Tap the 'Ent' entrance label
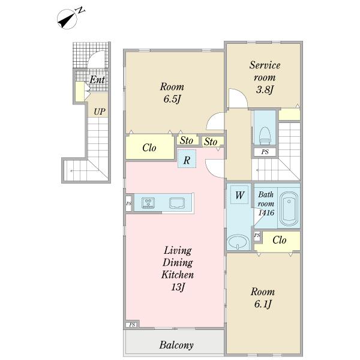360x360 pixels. tap(97, 80)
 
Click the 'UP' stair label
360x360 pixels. tap(100, 112)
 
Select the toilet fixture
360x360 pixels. tap(265, 136)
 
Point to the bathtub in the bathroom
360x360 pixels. tap(289, 209)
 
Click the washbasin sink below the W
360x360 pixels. tap(238, 242)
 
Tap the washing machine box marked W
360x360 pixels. tap(239, 195)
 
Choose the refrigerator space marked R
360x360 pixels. tap(187, 159)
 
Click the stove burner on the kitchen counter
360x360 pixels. tap(148, 203)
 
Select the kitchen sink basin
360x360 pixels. tap(177, 203)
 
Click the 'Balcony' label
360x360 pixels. tap(176, 345)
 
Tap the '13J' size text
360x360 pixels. tap(178, 287)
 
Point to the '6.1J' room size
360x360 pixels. tap(263, 304)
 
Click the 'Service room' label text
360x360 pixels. tap(265, 71)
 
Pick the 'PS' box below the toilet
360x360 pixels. tap(265, 152)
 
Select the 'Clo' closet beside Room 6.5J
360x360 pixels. tap(149, 147)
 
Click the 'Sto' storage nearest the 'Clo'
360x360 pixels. tap(187, 140)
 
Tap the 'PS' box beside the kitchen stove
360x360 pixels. tap(128, 203)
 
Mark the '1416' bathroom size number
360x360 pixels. tap(266, 212)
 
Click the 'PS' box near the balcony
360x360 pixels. tap(132, 325)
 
